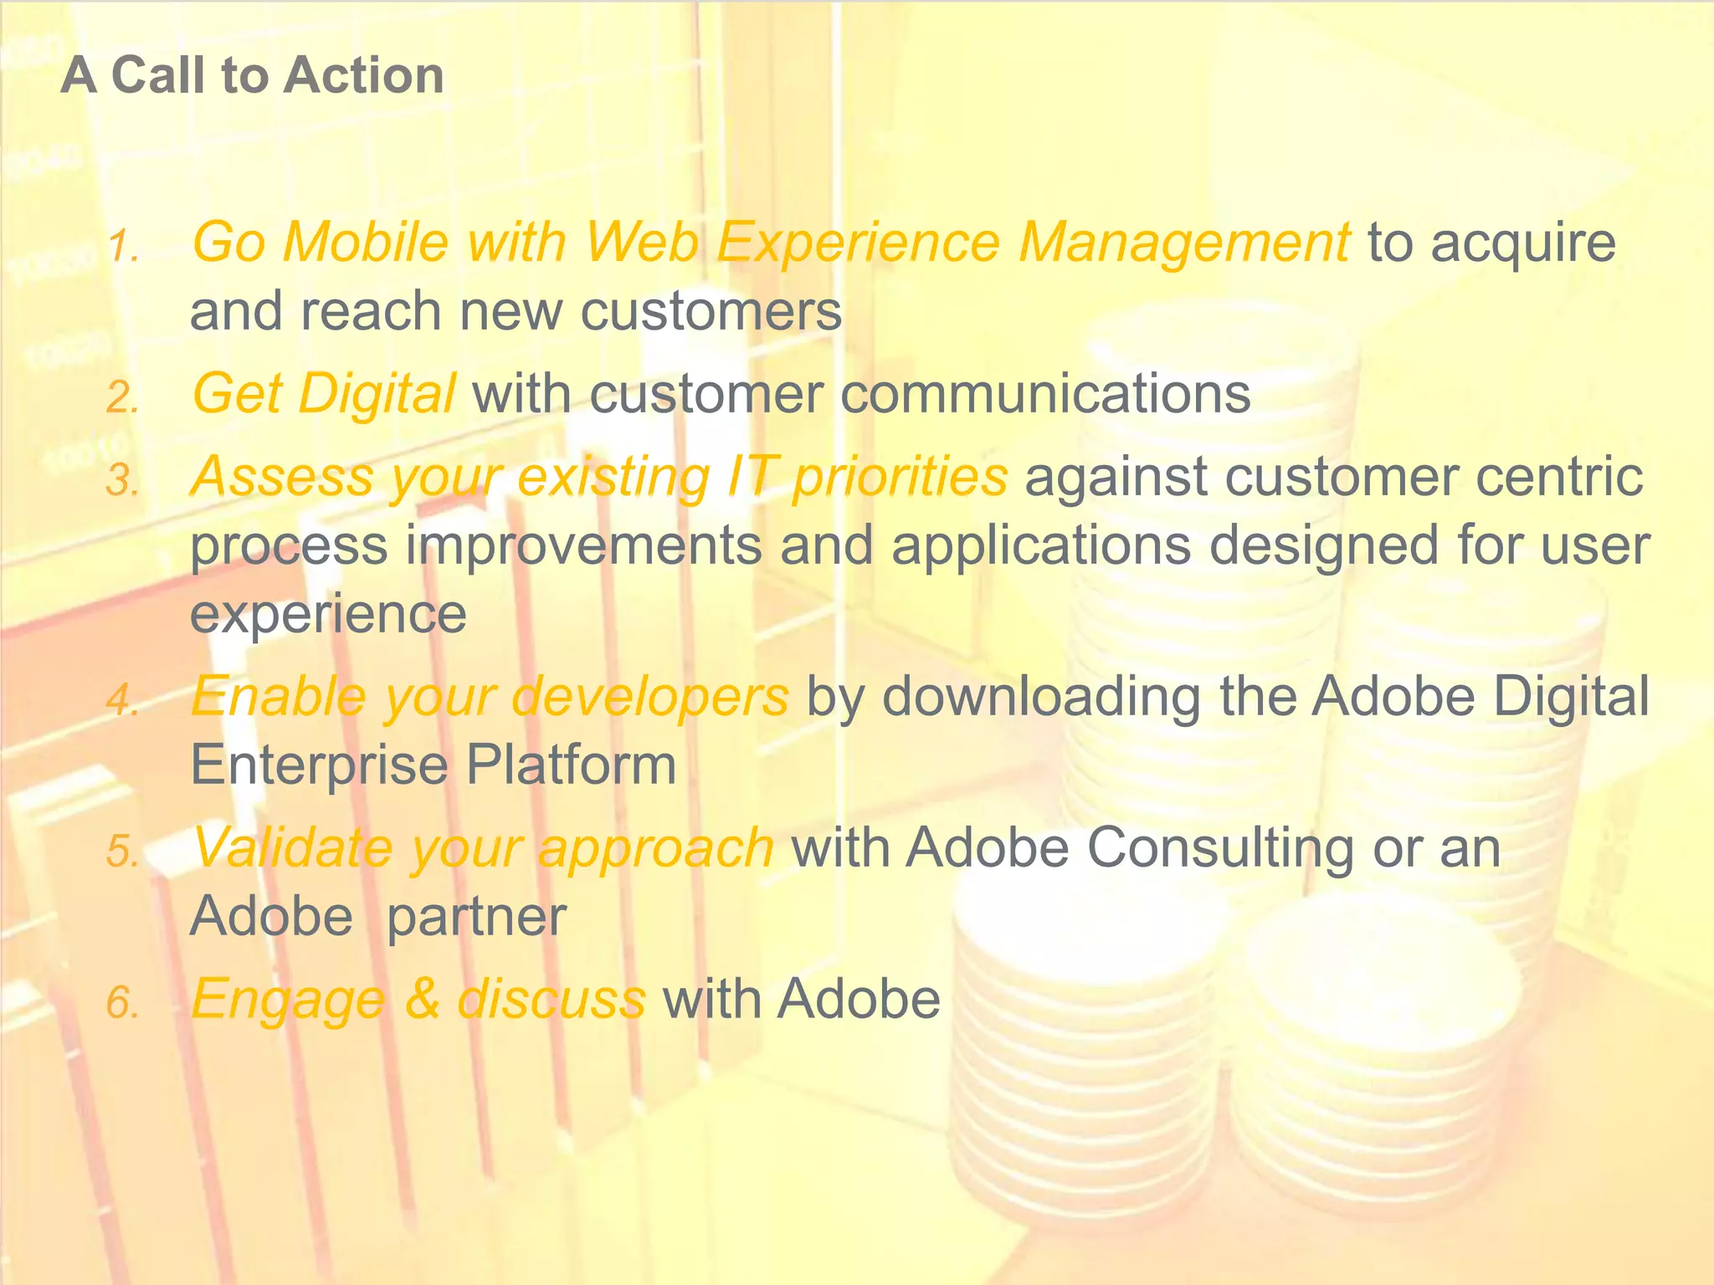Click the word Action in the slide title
click(363, 75)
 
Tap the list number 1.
click(121, 247)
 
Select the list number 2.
click(121, 398)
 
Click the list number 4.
click(121, 701)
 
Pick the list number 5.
click(121, 852)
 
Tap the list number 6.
click(121, 1003)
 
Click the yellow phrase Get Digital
click(323, 394)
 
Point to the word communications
click(1045, 394)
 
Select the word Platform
click(571, 765)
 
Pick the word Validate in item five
click(292, 847)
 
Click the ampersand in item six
click(423, 999)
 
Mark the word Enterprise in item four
click(319, 766)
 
